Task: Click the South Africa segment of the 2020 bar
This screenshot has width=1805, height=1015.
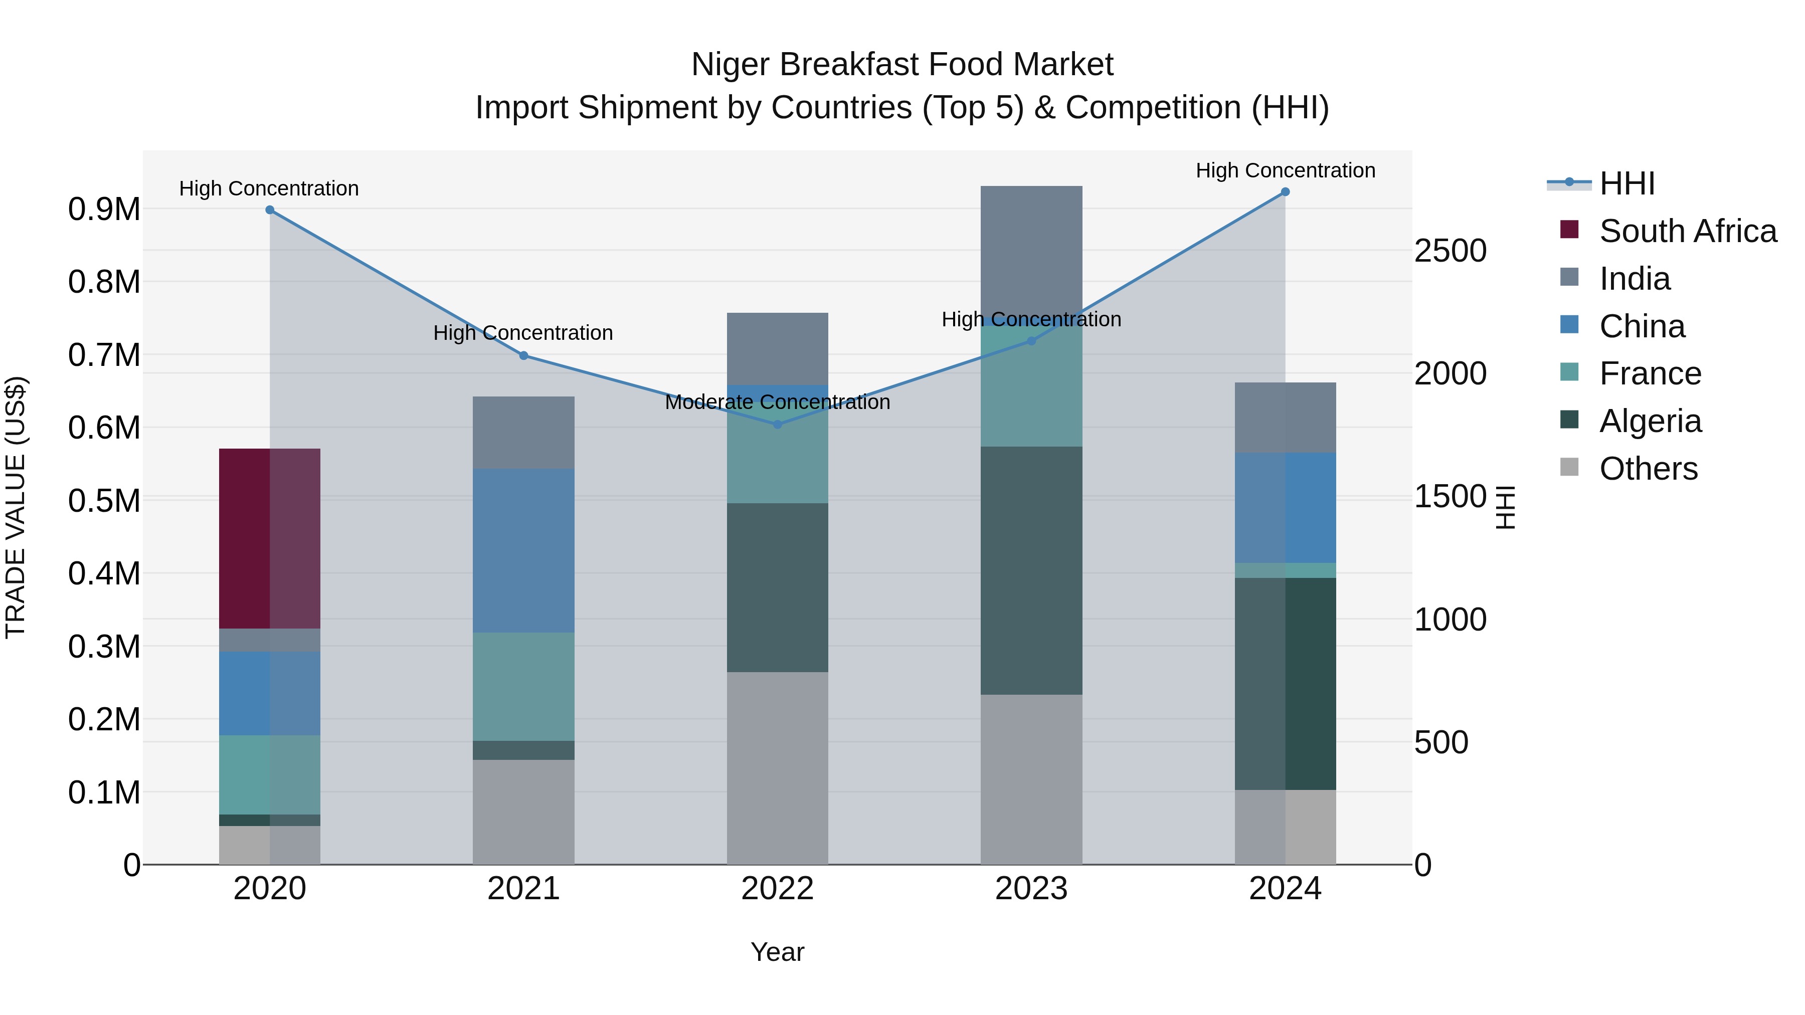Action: [x=270, y=538]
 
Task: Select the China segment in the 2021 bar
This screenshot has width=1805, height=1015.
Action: [x=523, y=550]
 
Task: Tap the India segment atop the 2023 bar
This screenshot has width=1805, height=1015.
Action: [x=1031, y=249]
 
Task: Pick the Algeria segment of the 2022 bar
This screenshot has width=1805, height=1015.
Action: [x=777, y=587]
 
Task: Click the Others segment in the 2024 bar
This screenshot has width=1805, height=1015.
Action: [x=1285, y=827]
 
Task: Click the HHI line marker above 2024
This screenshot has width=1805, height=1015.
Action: [x=1285, y=192]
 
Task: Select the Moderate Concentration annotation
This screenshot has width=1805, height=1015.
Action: [x=777, y=402]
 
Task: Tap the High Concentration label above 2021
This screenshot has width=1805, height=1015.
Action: [x=523, y=333]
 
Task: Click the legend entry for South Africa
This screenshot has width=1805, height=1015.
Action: [x=1687, y=231]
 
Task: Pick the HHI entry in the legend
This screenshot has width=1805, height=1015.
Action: [x=1627, y=183]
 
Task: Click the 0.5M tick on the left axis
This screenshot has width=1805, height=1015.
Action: [x=104, y=501]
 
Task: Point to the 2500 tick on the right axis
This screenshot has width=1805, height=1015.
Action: [x=1450, y=251]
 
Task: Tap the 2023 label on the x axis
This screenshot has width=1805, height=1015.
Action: [x=1031, y=889]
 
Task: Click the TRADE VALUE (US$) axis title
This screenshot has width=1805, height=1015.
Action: [x=16, y=507]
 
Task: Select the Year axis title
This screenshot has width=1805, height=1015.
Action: [x=777, y=952]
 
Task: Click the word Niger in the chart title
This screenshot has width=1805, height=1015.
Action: [x=731, y=65]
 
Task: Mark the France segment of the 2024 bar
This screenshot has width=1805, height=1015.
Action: [x=1285, y=570]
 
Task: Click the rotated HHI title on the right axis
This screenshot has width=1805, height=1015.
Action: [x=1506, y=507]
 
